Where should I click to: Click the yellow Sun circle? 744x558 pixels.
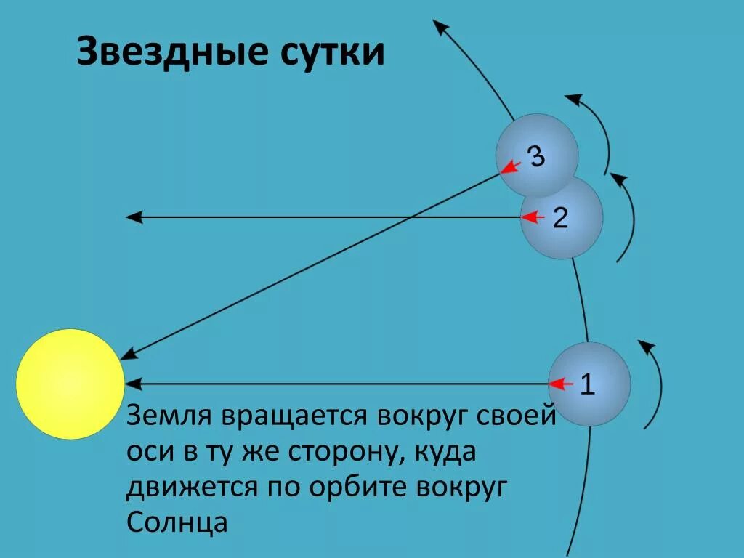pyautogui.click(x=70, y=384)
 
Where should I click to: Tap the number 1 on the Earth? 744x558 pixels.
pyautogui.click(x=587, y=384)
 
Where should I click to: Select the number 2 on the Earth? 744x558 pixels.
pyautogui.click(x=560, y=217)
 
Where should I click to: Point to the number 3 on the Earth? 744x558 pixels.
pyautogui.click(x=536, y=156)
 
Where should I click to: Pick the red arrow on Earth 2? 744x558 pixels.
pyautogui.click(x=533, y=217)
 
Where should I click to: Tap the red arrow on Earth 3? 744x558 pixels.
pyautogui.click(x=511, y=168)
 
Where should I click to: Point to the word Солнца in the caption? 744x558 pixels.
pyautogui.click(x=177, y=521)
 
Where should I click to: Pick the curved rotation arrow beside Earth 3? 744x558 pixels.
pyautogui.click(x=600, y=131)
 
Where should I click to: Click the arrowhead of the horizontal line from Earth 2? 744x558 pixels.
pyautogui.click(x=132, y=217)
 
